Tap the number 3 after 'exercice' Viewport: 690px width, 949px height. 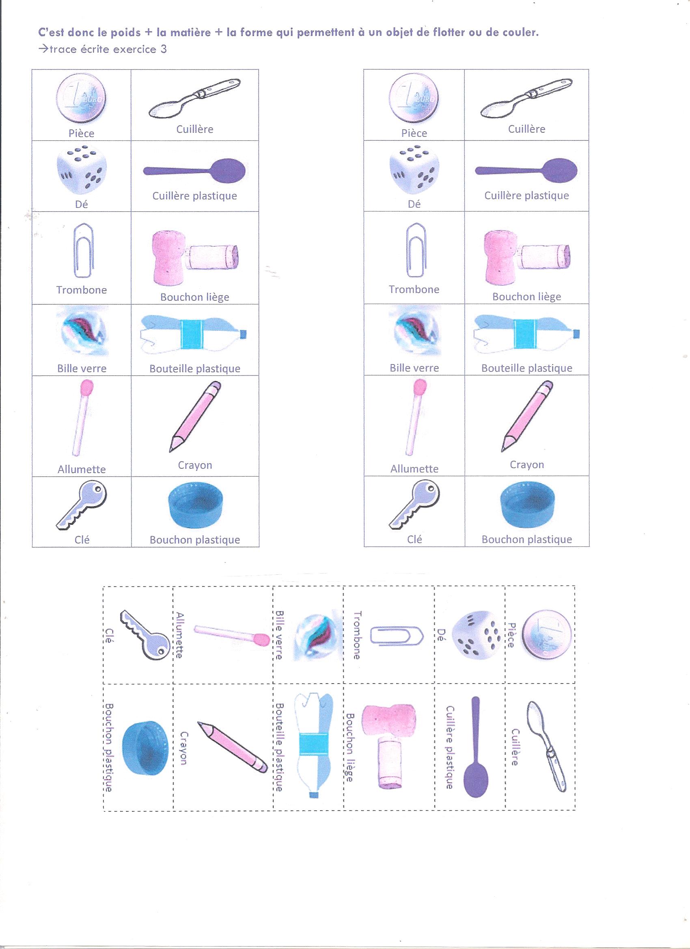(163, 50)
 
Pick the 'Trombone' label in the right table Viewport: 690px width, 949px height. (414, 289)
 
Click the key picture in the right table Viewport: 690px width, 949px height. (415, 504)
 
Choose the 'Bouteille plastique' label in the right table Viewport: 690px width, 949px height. (526, 368)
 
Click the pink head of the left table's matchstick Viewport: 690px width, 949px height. (86, 388)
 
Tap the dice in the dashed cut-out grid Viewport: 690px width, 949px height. (476, 639)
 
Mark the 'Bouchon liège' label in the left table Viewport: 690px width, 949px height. (194, 298)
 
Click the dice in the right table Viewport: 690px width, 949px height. (414, 170)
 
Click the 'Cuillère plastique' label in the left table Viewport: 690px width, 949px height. (194, 196)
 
